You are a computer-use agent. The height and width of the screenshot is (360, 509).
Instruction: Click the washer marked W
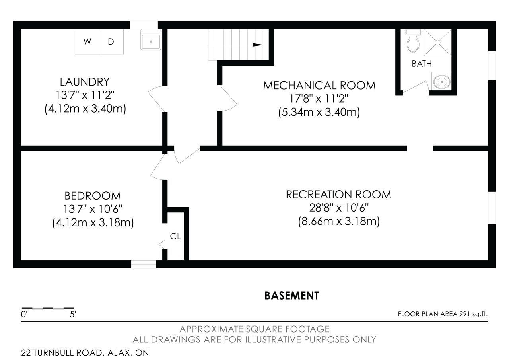pyautogui.click(x=87, y=42)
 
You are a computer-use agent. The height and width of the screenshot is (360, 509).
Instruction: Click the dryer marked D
pyautogui.click(x=111, y=42)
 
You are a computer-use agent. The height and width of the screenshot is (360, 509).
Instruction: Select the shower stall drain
pyautogui.click(x=437, y=43)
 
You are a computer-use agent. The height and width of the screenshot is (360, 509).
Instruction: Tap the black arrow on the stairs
pyautogui.click(x=257, y=45)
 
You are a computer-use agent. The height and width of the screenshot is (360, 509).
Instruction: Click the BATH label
pyautogui.click(x=422, y=64)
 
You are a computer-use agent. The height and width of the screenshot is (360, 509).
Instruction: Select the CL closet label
pyautogui.click(x=175, y=236)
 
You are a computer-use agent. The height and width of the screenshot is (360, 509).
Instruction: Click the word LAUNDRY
pyautogui.click(x=85, y=82)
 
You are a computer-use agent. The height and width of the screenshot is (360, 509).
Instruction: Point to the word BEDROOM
pyautogui.click(x=93, y=196)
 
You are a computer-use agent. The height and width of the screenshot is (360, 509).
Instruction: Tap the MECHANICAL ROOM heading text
pyautogui.click(x=319, y=86)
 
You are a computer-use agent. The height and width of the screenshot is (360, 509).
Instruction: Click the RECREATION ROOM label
pyautogui.click(x=338, y=195)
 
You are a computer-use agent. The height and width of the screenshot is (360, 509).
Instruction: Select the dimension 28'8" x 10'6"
pyautogui.click(x=339, y=208)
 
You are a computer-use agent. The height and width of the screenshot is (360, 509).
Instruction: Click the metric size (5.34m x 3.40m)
pyautogui.click(x=319, y=112)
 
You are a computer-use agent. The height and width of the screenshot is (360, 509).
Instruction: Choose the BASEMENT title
pyautogui.click(x=291, y=296)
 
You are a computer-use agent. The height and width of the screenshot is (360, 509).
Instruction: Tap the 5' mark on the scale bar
pyautogui.click(x=73, y=314)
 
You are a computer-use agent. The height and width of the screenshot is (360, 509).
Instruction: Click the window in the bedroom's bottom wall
pyautogui.click(x=144, y=264)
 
